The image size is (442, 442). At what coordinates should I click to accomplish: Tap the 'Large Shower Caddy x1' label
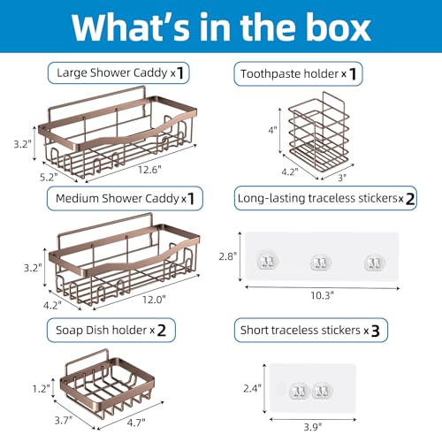[118, 72]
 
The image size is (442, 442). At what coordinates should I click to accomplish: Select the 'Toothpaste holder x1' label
[298, 73]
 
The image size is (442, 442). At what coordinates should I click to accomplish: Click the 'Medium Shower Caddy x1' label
[125, 198]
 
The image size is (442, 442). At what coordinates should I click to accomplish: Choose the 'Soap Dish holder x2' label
[111, 330]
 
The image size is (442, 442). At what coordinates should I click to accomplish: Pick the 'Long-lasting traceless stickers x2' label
[325, 198]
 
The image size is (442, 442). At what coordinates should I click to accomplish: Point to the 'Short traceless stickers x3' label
[311, 330]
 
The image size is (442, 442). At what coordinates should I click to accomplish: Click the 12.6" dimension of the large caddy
[150, 170]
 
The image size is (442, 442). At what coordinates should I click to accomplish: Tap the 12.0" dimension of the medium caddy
[154, 300]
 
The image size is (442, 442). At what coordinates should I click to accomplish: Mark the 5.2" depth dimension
[49, 177]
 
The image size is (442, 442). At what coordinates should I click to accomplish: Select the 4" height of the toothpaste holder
[272, 130]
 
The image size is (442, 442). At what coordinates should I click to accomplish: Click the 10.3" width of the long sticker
[323, 295]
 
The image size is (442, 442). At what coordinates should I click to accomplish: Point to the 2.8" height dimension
[228, 256]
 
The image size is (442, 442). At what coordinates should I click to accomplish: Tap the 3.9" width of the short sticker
[313, 427]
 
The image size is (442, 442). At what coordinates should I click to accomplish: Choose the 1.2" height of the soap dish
[42, 389]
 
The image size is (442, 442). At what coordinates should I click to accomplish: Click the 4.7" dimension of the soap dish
[136, 423]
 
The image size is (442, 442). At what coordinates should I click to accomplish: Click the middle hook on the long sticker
[321, 262]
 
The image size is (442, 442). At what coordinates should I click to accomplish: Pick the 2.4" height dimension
[252, 388]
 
